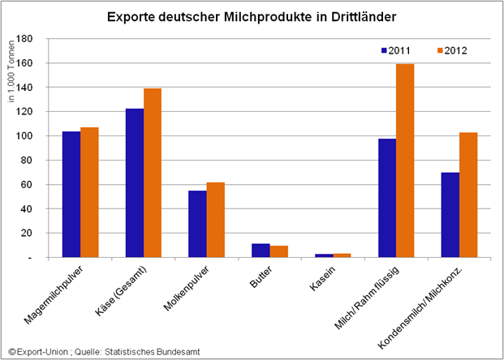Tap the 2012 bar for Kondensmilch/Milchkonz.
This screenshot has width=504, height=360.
click(x=468, y=195)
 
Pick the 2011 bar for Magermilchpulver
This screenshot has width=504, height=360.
click(x=71, y=195)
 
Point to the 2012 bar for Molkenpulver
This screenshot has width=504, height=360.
click(x=215, y=220)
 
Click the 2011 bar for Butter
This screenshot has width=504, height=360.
click(x=261, y=251)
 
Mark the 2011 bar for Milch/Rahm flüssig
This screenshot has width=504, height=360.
click(x=387, y=198)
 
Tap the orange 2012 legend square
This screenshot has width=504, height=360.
click(x=433, y=50)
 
